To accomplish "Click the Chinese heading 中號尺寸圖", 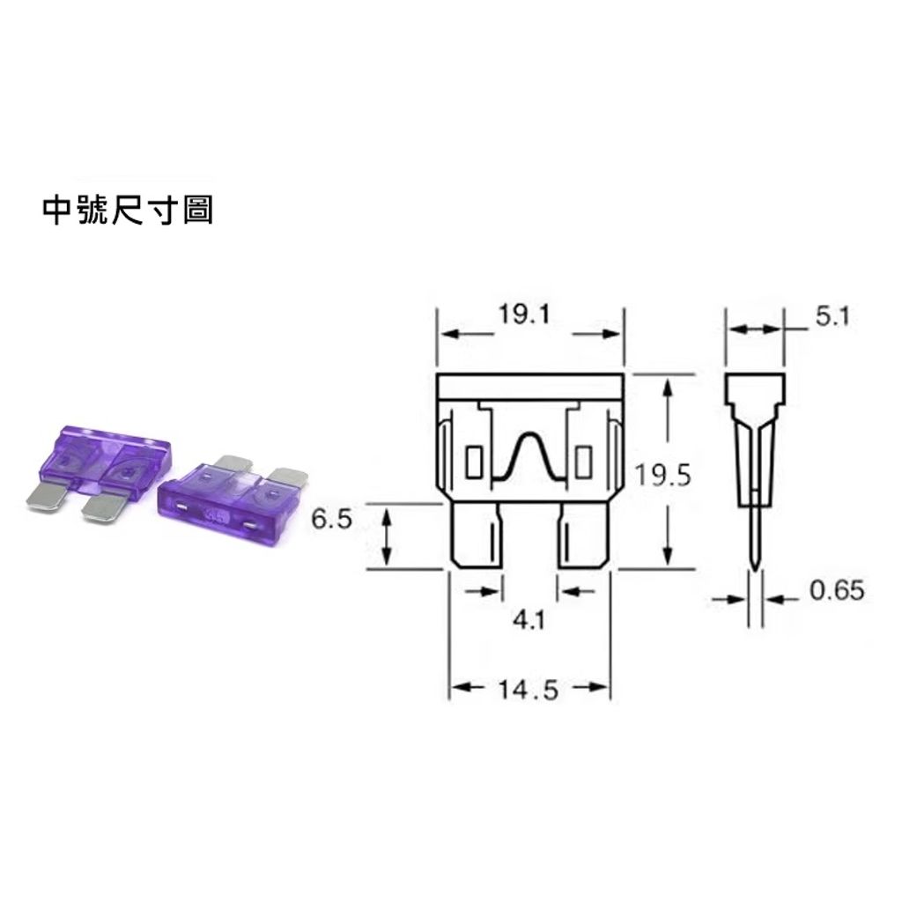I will click(x=128, y=211).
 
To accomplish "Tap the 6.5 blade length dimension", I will click(x=333, y=519).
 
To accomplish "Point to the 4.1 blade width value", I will click(x=529, y=621).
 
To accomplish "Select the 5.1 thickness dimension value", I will click(x=832, y=316).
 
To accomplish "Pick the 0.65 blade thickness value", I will click(x=837, y=590).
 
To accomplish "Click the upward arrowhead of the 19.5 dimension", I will click(x=670, y=386).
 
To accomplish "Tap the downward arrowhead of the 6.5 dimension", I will click(x=385, y=558).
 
